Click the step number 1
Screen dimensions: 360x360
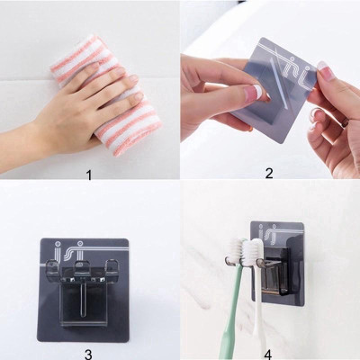(89, 173)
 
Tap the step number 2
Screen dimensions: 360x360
(269, 173)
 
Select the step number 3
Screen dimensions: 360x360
(88, 354)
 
